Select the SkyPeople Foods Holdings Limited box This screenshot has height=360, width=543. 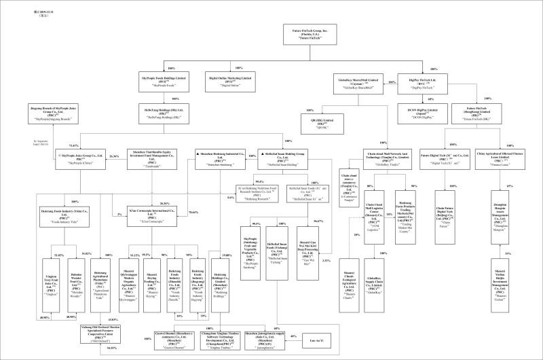158,80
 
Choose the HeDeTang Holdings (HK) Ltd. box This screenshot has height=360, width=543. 159,111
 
